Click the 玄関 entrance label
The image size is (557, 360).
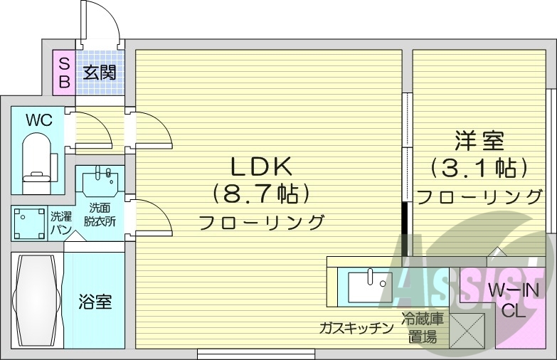tap(99, 72)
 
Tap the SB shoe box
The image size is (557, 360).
tap(64, 72)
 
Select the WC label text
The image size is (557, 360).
tap(38, 120)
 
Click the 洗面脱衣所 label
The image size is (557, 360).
tap(100, 215)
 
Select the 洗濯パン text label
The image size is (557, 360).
tap(59, 223)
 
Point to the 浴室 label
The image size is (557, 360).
tap(95, 302)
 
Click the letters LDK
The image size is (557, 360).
tap(260, 166)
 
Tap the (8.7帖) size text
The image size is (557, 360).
tap(260, 194)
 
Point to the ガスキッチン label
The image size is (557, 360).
tap(356, 328)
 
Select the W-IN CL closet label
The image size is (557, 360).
tap(513, 300)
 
